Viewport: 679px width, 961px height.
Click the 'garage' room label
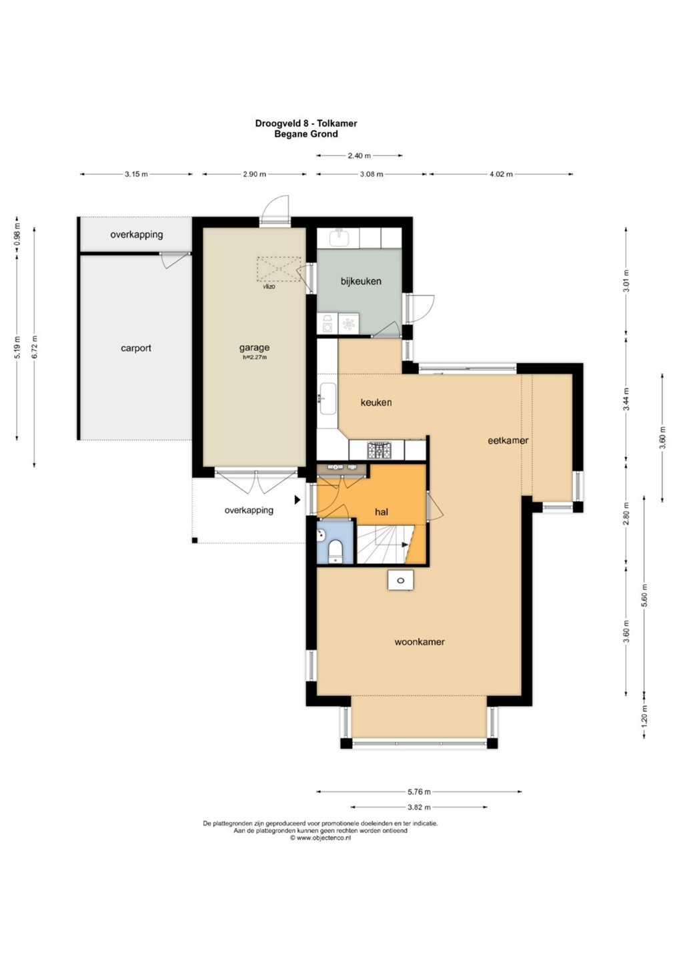(254, 348)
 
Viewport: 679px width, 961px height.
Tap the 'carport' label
(136, 348)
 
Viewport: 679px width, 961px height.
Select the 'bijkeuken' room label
(361, 281)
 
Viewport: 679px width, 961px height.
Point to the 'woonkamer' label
(420, 642)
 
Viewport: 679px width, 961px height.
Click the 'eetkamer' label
(508, 440)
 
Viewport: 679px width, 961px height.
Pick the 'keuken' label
(376, 402)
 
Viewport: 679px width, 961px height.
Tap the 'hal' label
(382, 512)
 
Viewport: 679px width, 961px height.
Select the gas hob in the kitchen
(380, 450)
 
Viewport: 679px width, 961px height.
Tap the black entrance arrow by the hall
(297, 500)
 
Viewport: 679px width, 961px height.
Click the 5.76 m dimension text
(419, 791)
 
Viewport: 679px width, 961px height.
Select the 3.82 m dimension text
(419, 807)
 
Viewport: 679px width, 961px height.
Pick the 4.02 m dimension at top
(501, 174)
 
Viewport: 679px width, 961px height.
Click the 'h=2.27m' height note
(255, 357)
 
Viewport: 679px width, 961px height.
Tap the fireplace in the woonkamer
(401, 581)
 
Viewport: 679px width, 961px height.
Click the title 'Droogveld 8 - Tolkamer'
(306, 123)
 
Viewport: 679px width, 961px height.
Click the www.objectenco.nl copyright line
(320, 838)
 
